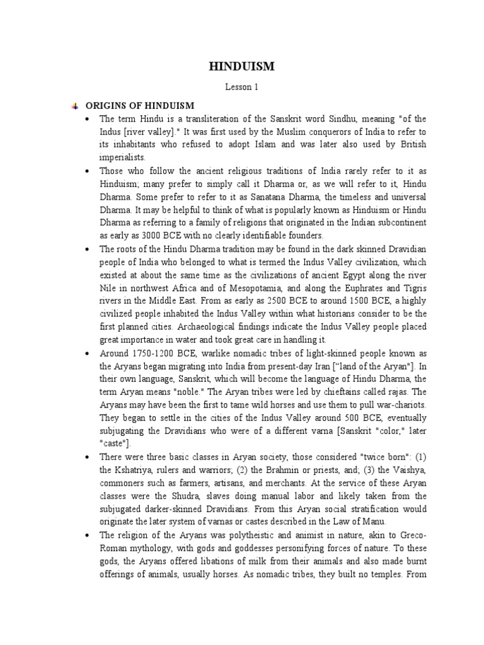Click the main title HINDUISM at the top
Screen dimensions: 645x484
(242, 66)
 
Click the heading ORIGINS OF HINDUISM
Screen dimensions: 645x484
(140, 105)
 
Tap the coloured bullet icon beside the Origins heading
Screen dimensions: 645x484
(74, 105)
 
